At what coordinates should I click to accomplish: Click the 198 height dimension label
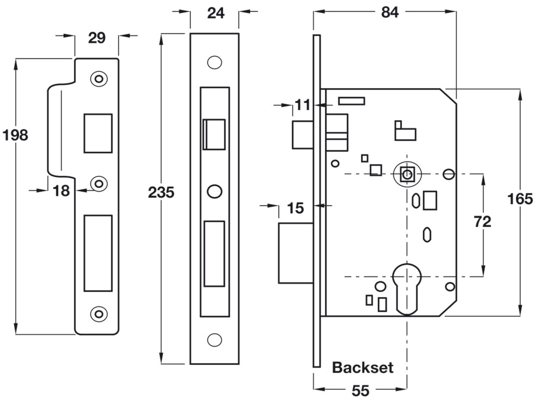coord(15,135)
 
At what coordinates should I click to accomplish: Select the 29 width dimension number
coord(97,38)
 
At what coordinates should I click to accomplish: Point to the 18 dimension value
coord(61,191)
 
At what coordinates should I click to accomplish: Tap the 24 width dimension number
coord(215,13)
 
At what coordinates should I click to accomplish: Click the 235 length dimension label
coord(161,193)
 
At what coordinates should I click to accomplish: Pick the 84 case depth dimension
coord(390,13)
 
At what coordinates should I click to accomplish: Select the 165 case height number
coord(520,199)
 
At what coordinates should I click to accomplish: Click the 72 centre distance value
coord(482,222)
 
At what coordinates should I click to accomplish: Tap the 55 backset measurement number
coord(360,391)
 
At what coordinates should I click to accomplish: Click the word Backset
coord(362,368)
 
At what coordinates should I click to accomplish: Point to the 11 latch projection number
coord(302,105)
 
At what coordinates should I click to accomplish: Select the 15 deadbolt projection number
coord(295,208)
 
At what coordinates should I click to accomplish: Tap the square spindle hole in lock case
coord(407,174)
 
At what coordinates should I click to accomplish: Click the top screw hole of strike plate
coord(99,79)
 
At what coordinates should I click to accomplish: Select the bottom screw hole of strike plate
coord(99,314)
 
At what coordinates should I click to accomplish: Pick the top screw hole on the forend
coord(214,63)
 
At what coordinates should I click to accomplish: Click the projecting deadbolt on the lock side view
coord(295,253)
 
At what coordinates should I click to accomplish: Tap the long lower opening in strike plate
coord(98,253)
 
